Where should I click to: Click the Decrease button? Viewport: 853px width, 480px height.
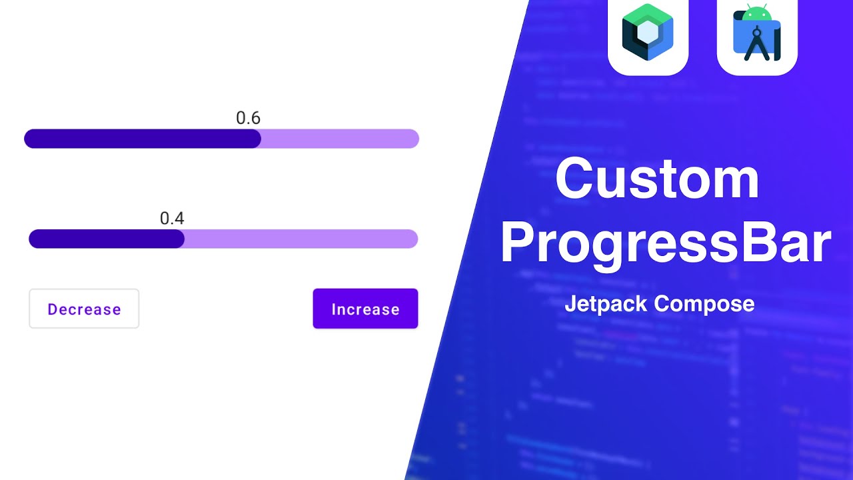(x=84, y=309)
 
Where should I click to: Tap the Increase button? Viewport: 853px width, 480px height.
(x=365, y=309)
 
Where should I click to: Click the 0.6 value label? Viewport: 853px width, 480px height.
(x=248, y=118)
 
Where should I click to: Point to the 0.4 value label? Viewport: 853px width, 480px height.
(x=172, y=218)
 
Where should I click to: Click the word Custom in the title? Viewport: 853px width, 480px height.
(x=657, y=179)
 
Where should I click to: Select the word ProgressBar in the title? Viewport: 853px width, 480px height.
(x=666, y=243)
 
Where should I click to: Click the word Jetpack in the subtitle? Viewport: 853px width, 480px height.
(x=606, y=304)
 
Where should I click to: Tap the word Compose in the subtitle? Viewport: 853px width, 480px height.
(x=704, y=304)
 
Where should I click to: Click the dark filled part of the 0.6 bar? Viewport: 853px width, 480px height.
(x=140, y=139)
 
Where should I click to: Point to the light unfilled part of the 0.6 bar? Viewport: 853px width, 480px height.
(x=340, y=139)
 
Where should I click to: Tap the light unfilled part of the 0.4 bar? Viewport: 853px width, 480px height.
(x=300, y=239)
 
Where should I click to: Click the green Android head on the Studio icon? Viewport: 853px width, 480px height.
(x=757, y=13)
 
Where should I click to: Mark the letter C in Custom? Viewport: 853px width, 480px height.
(x=578, y=179)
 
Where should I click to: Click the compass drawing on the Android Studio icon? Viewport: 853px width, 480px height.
(x=756, y=43)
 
